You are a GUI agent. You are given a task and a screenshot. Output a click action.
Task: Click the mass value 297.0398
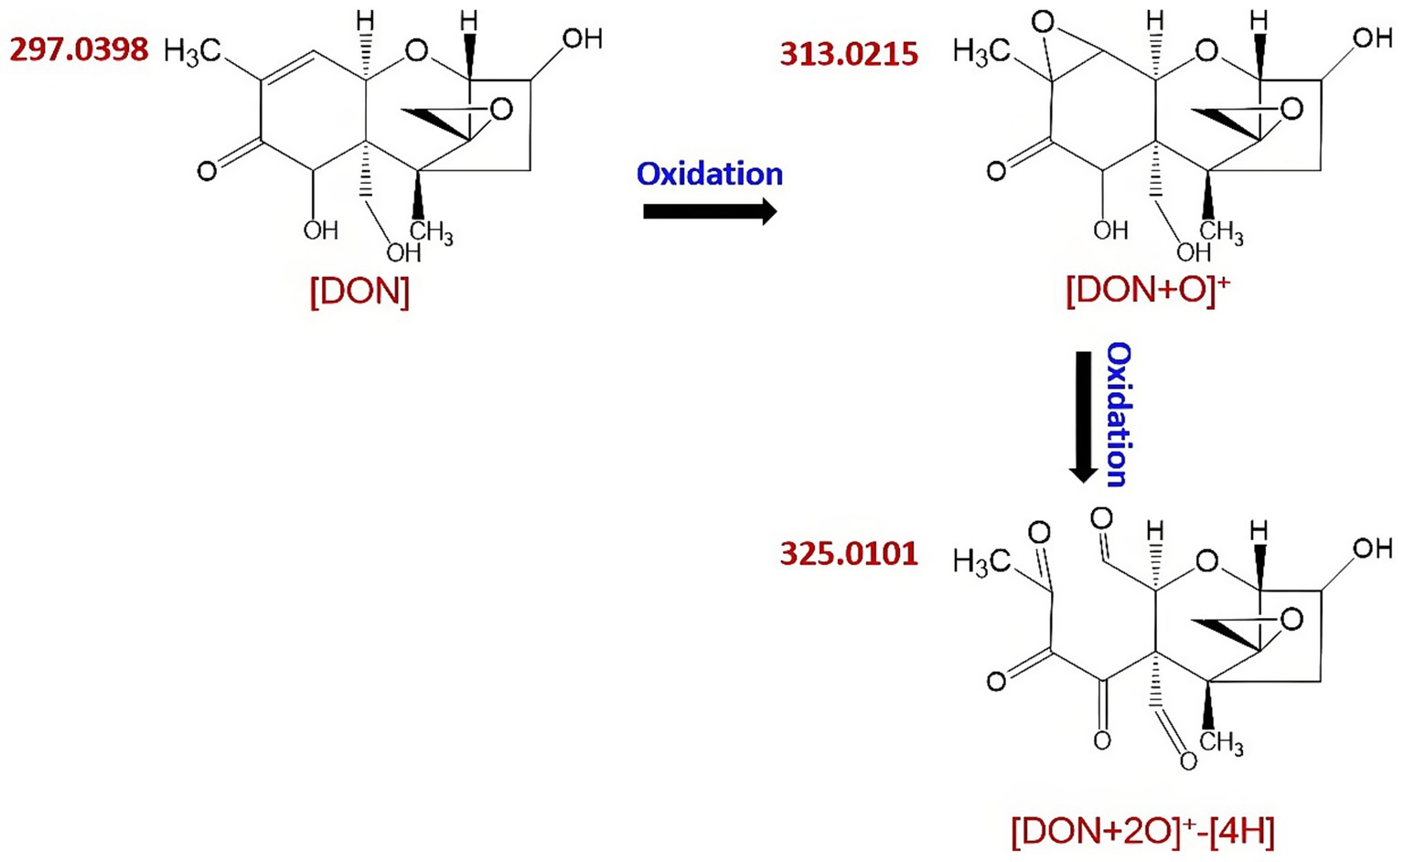(79, 49)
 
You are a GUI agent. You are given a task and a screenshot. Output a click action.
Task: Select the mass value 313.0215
(849, 54)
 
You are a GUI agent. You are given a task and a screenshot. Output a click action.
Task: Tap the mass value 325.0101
(849, 554)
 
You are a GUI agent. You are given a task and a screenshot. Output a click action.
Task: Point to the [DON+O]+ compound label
(1147, 290)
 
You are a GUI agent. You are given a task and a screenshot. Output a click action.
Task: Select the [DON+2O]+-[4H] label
(1142, 831)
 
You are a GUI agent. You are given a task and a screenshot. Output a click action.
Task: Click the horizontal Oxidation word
(710, 174)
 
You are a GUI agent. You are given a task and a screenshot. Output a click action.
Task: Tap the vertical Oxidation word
(1118, 414)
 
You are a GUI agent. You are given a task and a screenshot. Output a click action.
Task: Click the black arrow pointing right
(710, 212)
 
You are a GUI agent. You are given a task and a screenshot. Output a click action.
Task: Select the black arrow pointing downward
(1084, 417)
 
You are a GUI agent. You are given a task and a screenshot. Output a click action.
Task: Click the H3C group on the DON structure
(192, 52)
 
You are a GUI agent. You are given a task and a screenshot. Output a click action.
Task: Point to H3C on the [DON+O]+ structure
(981, 52)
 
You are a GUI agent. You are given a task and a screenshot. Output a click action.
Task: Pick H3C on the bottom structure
(981, 562)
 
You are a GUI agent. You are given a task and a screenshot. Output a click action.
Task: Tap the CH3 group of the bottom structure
(1222, 741)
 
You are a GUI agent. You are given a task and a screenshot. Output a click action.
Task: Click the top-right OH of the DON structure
(582, 38)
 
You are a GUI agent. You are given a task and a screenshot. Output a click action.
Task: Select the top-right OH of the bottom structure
(1372, 548)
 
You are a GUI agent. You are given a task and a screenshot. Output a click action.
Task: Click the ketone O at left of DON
(208, 171)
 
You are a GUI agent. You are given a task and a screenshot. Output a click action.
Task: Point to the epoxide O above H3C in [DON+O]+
(1043, 22)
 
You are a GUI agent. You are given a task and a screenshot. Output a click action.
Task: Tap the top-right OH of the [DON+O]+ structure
(1372, 37)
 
